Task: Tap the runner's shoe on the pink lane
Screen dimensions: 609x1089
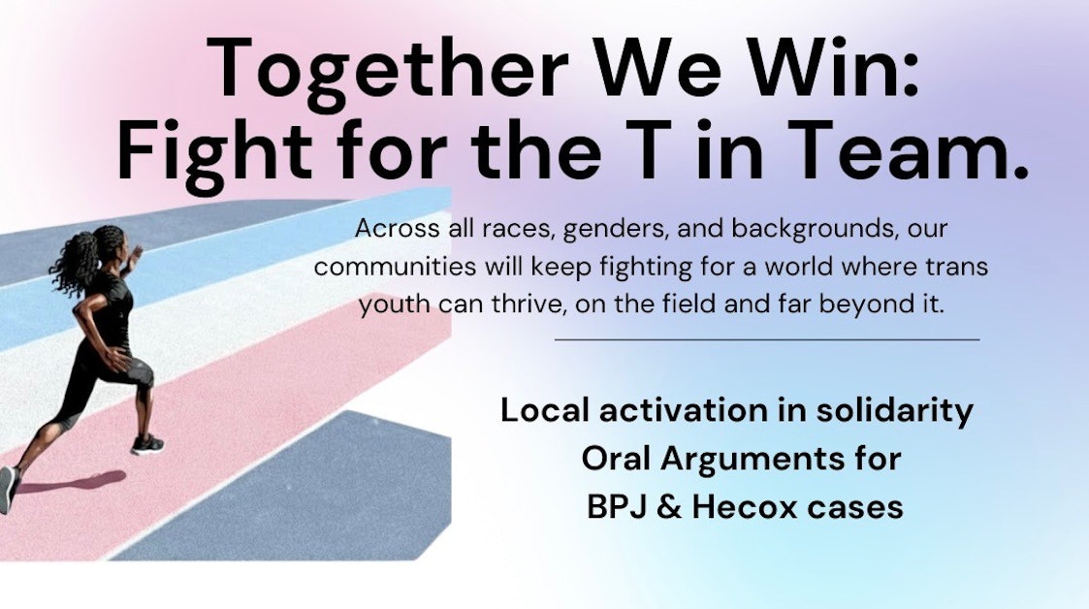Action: point(147,445)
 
